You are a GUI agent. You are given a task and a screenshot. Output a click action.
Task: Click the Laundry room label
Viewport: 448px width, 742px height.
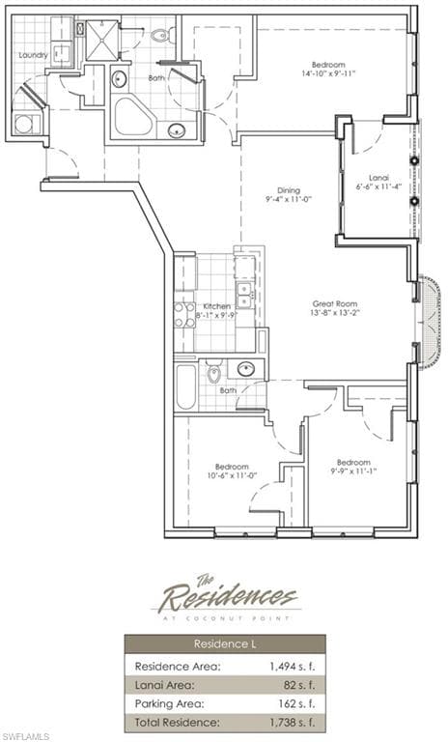[x=33, y=55]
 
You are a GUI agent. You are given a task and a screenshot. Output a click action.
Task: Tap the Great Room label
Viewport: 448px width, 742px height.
[x=335, y=303]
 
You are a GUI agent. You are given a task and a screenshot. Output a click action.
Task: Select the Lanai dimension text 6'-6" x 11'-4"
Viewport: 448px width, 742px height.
[x=378, y=186]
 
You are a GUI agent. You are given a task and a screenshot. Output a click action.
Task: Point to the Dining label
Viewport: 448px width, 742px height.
[x=289, y=190]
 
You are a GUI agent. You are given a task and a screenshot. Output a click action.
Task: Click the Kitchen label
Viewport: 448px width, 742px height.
[x=217, y=306]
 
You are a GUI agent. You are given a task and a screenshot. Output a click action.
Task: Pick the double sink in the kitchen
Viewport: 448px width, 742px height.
[x=244, y=295]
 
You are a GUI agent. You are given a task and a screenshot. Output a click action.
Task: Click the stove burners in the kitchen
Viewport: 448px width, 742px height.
[x=184, y=315]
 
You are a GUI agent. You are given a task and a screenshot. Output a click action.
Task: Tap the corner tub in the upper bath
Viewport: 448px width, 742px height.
[x=133, y=116]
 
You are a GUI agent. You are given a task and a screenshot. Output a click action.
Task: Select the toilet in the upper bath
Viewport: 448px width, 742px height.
[x=162, y=34]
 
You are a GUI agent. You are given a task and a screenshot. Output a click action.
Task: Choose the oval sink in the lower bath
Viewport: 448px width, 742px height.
[x=246, y=369]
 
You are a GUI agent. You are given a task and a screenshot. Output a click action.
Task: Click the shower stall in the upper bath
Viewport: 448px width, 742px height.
[x=102, y=40]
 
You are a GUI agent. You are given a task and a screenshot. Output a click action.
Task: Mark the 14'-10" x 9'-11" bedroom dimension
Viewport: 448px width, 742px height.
[x=328, y=72]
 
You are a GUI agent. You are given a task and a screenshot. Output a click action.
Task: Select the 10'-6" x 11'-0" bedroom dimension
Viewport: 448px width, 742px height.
[x=232, y=475]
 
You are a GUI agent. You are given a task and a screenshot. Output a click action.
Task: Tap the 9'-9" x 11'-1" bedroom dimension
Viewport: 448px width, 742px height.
[x=353, y=471]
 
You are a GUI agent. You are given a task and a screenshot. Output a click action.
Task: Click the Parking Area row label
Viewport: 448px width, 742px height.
[x=169, y=703]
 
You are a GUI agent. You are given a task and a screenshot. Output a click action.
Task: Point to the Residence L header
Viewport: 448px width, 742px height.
[x=225, y=644]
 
